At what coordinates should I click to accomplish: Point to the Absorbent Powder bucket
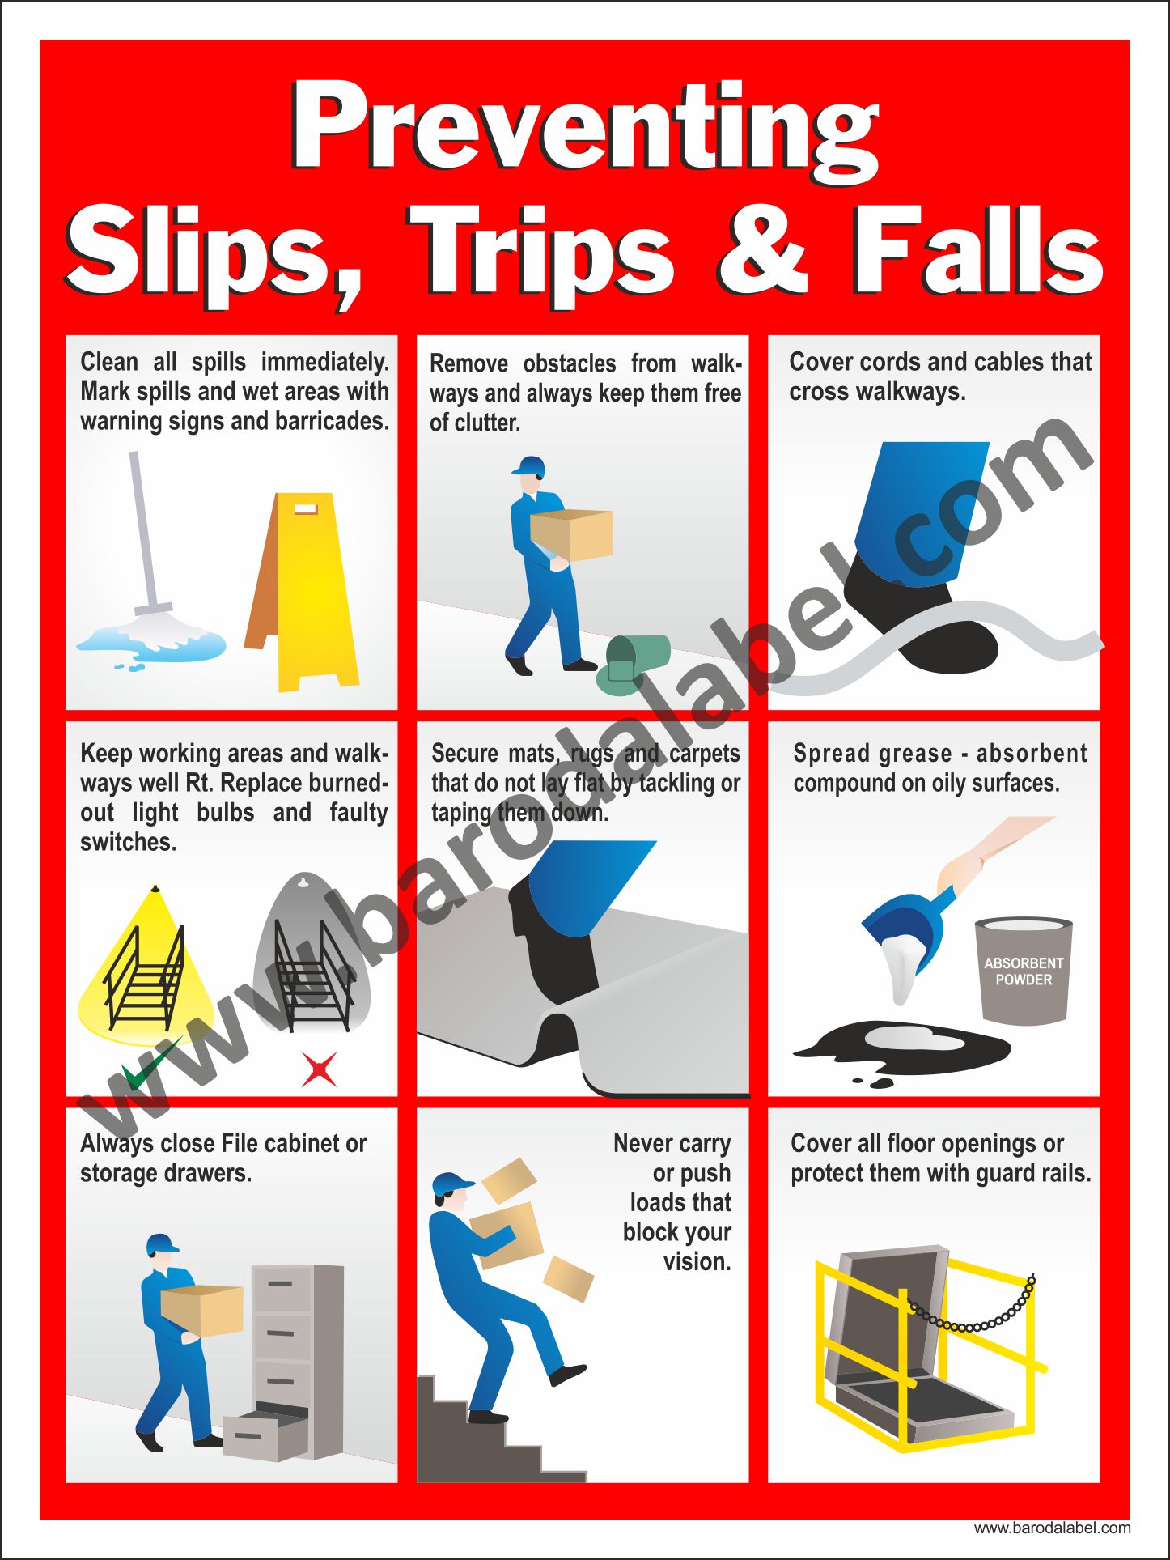pos(1024,971)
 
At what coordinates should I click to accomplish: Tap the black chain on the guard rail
pos(971,1305)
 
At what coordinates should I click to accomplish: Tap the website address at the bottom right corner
pos(1052,1528)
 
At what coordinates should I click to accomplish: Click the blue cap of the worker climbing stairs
pos(452,1184)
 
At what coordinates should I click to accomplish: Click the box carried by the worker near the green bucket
pos(571,534)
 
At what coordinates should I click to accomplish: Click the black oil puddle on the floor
pos(902,1049)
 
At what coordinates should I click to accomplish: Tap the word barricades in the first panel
pos(332,421)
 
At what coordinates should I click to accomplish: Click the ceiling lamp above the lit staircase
pos(155,889)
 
